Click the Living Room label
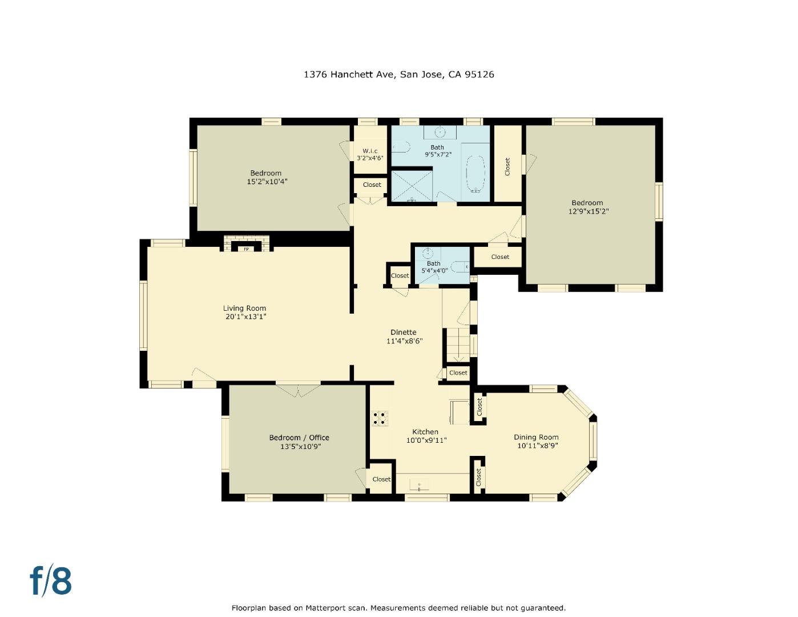point(244,308)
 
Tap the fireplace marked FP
point(247,246)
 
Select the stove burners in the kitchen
point(380,418)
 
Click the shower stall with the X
point(411,185)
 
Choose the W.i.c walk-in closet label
point(370,151)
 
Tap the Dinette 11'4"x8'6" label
point(404,336)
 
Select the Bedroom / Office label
point(299,438)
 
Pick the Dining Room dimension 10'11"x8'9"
point(537,446)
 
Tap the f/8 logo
point(51,581)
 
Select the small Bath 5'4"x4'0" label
point(433,267)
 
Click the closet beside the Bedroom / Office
point(381,479)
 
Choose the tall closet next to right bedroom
point(507,166)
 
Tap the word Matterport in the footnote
point(327,608)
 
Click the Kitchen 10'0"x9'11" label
point(425,436)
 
